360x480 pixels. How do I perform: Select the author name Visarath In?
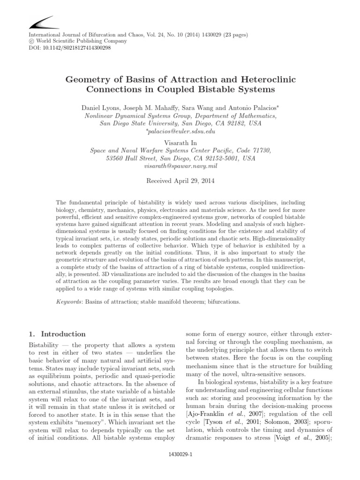180,142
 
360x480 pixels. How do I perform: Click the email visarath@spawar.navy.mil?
180,166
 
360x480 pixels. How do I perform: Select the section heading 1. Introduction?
57,334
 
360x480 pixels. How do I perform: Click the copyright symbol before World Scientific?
32,41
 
